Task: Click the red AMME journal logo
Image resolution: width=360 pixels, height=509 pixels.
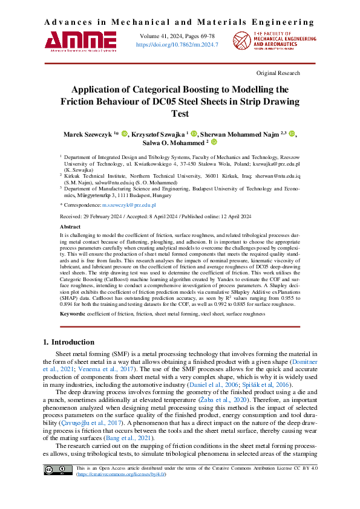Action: click(80, 40)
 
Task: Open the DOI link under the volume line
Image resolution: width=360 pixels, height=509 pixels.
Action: click(177, 45)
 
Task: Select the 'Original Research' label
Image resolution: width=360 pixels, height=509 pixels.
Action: click(278, 73)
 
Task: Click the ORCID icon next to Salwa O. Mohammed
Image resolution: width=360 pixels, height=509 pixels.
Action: click(213, 143)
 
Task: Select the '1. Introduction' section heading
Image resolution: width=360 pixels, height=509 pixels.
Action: click(69, 342)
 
